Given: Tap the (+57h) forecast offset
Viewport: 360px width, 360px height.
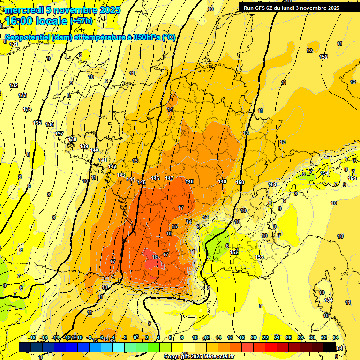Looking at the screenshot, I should [x=82, y=21].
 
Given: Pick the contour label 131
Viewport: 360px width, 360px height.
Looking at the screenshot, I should [x=14, y=44].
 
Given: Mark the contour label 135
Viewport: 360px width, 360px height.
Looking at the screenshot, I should [x=37, y=123].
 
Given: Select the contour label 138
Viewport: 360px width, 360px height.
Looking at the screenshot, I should [x=72, y=139].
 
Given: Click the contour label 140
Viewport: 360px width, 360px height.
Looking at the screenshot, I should [x=94, y=150].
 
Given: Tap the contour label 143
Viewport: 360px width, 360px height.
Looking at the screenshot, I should [x=121, y=175].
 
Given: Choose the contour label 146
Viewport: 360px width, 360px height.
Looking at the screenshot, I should [x=156, y=179].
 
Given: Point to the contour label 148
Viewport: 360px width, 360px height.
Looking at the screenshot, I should [x=189, y=181].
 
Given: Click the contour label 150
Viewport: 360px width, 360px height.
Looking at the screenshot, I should [x=240, y=182].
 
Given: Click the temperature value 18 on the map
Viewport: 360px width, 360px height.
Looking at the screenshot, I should [x=155, y=257].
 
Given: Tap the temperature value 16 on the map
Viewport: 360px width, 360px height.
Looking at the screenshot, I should [x=169, y=233].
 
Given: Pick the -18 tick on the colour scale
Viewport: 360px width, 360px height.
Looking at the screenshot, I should [x=32, y=337].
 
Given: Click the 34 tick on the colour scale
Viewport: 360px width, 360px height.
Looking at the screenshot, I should [x=336, y=337].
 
